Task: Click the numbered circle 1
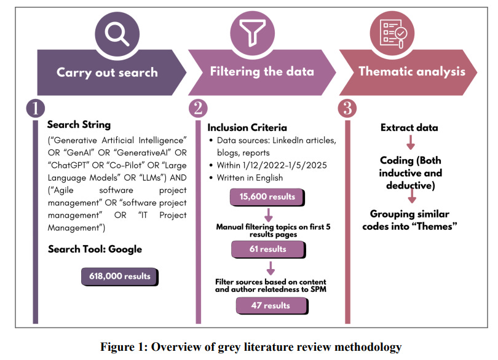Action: pyautogui.click(x=36, y=108)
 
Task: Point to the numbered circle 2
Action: pyautogui.click(x=198, y=108)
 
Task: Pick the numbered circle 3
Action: pyautogui.click(x=347, y=108)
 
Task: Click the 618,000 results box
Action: pyautogui.click(x=120, y=276)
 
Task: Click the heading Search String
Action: pyautogui.click(x=79, y=124)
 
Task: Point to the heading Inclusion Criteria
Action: pyautogui.click(x=247, y=128)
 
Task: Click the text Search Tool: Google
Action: pyautogui.click(x=95, y=249)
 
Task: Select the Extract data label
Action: pyautogui.click(x=409, y=128)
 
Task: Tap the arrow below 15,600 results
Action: pyautogui.click(x=269, y=214)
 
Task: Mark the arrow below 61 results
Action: pyautogui.click(x=269, y=267)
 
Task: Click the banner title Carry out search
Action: pyautogui.click(x=107, y=72)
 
